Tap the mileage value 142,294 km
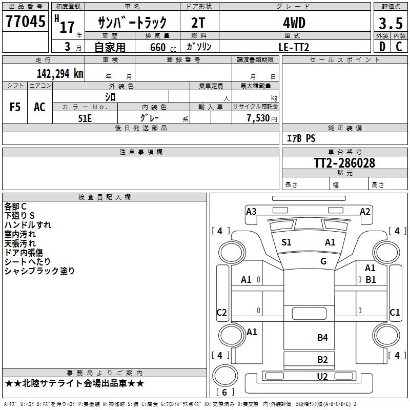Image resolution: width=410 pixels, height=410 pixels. click(60, 73)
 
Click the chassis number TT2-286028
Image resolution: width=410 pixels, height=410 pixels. click(344, 163)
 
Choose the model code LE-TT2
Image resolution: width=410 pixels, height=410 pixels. click(294, 47)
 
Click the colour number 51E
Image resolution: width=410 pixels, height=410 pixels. click(85, 117)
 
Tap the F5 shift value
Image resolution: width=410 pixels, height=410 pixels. click(15, 107)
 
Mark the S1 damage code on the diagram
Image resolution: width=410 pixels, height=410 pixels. click(286, 242)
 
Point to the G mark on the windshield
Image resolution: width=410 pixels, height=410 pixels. click(323, 261)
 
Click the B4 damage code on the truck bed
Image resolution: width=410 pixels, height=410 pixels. click(322, 337)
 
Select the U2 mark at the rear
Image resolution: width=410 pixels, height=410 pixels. click(322, 377)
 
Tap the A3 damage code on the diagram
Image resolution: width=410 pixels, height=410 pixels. click(251, 211)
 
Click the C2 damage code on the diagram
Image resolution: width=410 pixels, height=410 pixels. click(221, 313)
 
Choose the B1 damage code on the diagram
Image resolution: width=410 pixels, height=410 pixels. click(370, 280)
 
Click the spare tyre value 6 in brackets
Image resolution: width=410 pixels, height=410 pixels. click(224, 393)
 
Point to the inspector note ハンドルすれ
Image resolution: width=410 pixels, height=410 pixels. click(28, 225)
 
